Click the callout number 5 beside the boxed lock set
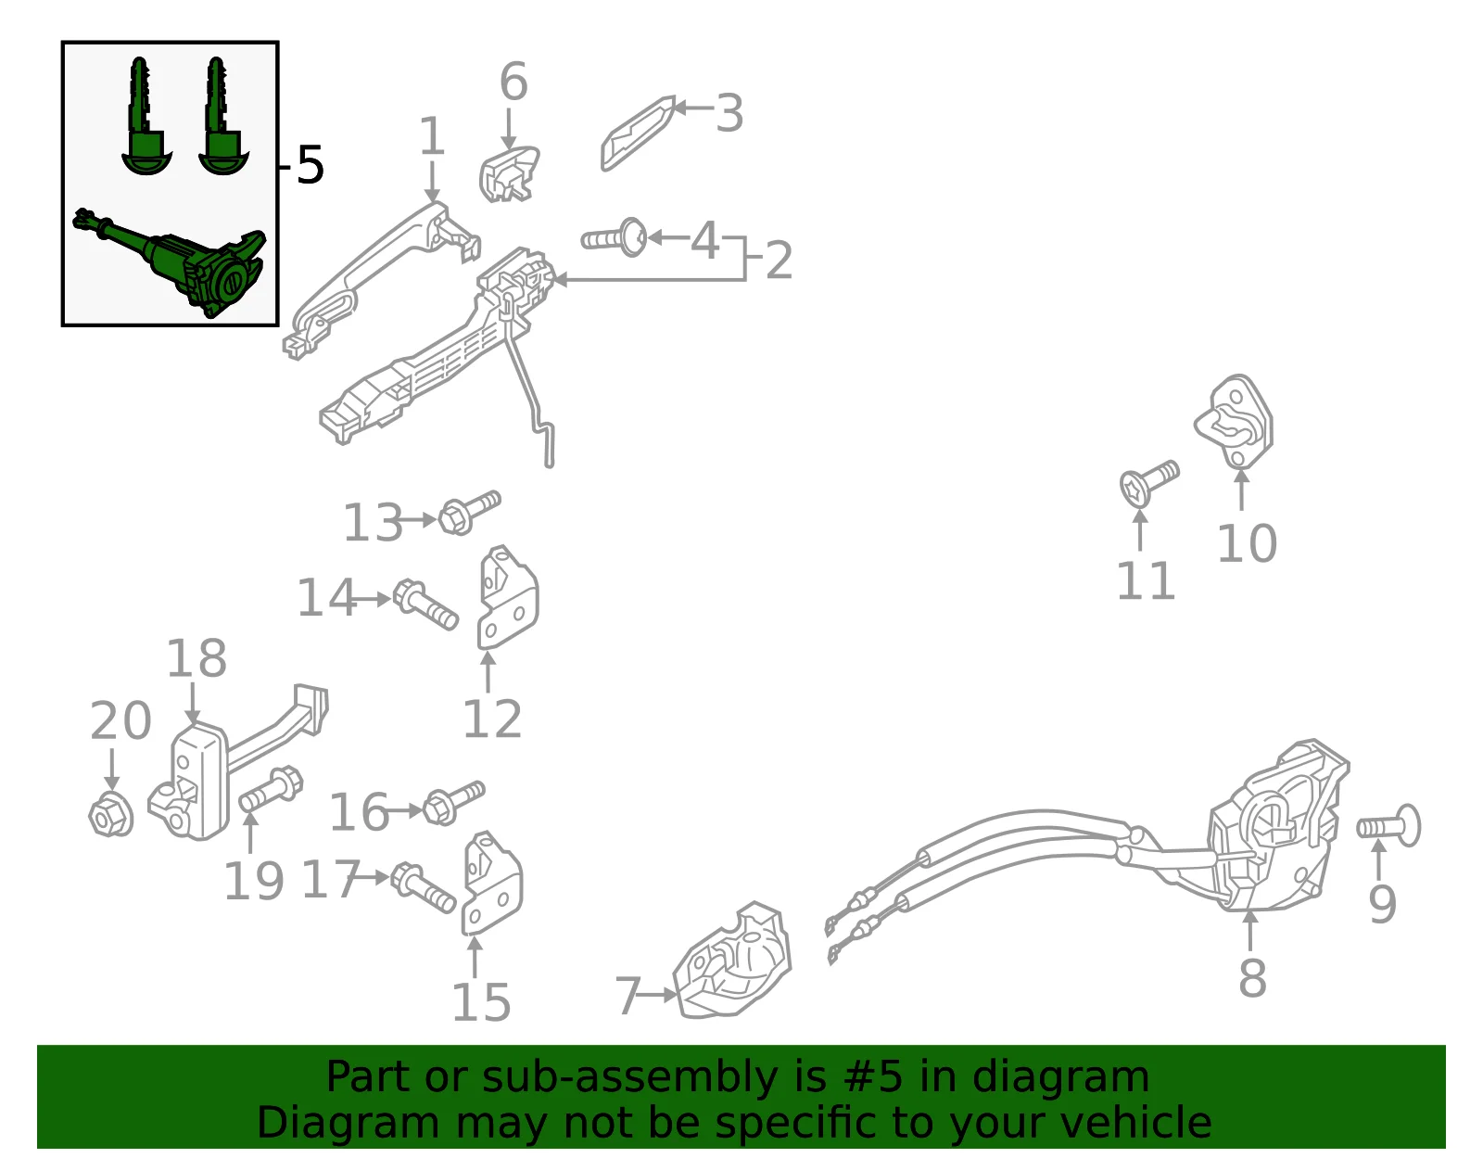310,164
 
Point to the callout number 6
513,82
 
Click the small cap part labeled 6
509,174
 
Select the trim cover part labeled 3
638,134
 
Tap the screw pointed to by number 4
614,238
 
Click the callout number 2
779,260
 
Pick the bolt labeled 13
470,513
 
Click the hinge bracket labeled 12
506,598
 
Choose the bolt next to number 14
425,605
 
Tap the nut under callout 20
111,813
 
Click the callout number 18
196,658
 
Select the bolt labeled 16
454,803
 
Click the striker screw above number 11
1149,484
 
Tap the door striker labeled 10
1235,422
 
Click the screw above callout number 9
1388,826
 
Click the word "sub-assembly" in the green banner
629,1077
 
